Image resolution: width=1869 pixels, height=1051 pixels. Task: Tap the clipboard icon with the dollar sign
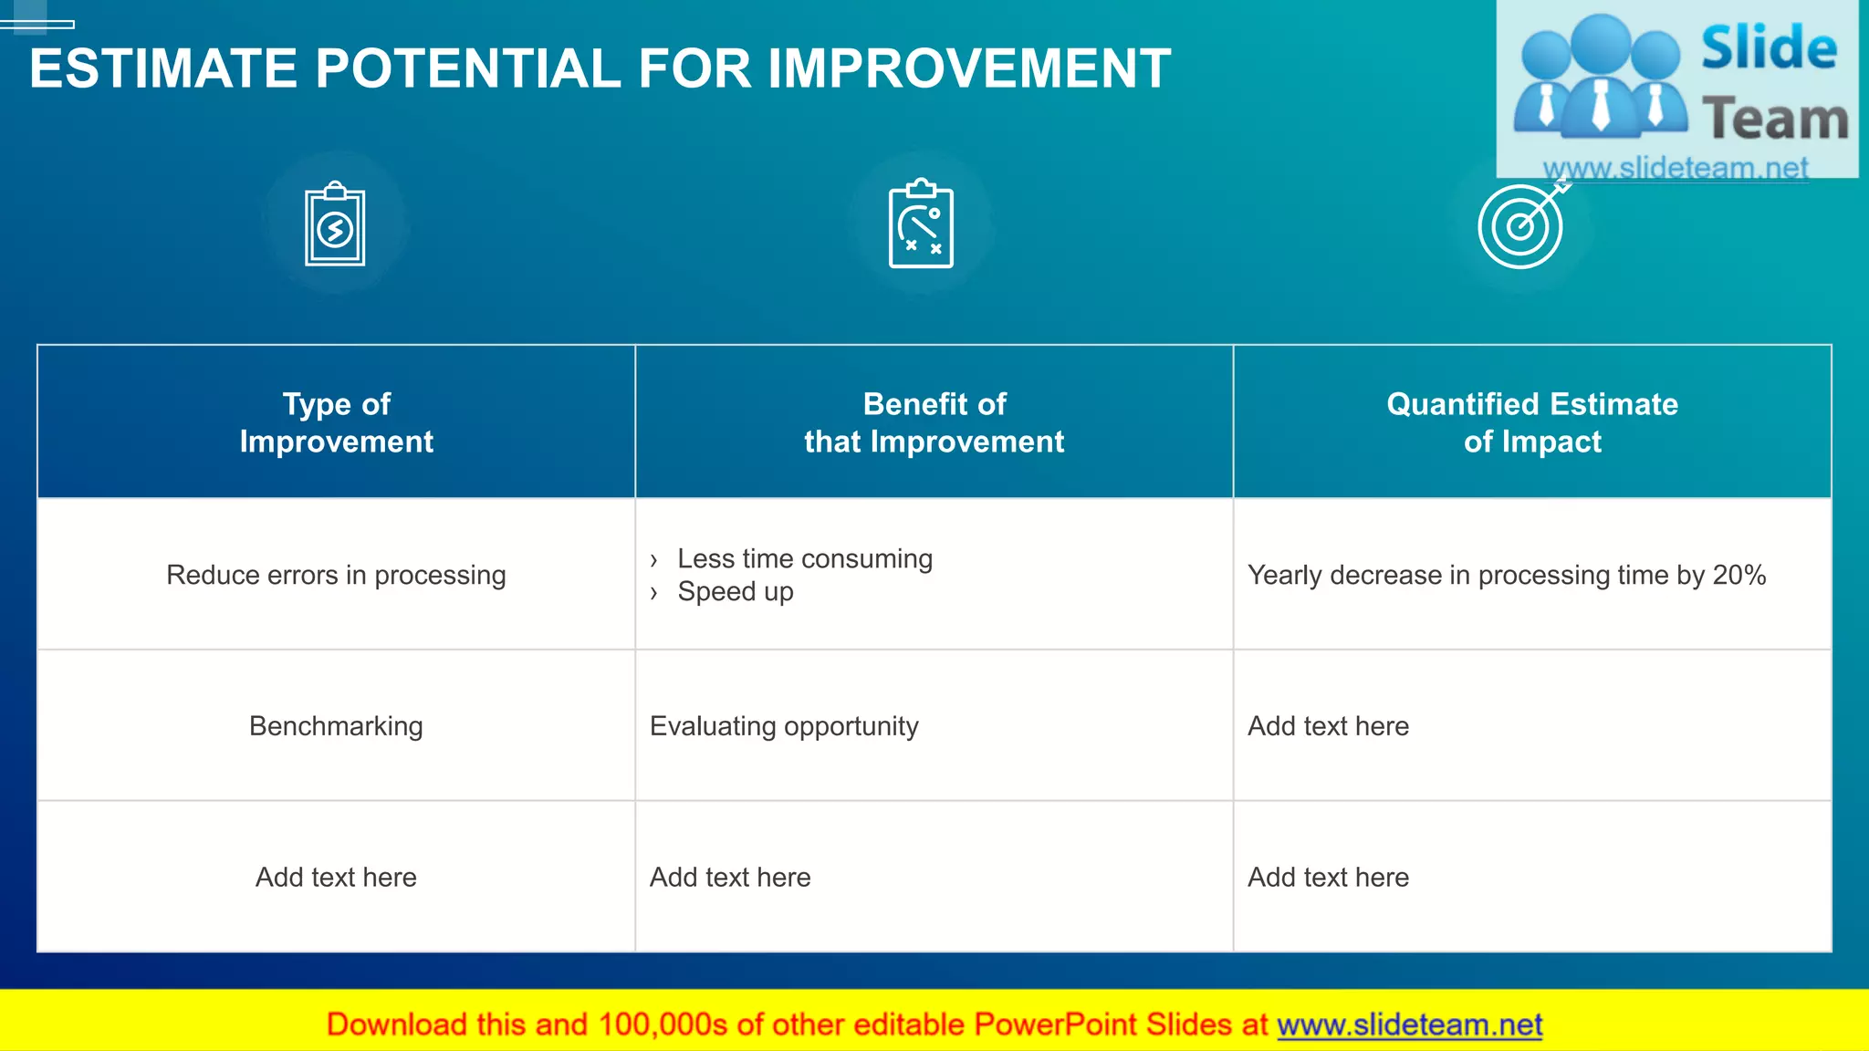(x=335, y=225)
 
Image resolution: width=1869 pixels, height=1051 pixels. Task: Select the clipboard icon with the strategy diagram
(x=921, y=224)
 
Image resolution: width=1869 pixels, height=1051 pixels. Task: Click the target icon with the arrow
(x=1522, y=225)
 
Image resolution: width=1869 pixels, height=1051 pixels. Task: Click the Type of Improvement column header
(x=336, y=422)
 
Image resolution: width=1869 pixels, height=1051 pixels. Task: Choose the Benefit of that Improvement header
(x=934, y=422)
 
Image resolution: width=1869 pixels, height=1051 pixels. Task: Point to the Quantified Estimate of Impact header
(x=1532, y=422)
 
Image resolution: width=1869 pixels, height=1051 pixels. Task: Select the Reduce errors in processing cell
(x=336, y=575)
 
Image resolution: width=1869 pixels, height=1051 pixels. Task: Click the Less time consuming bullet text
(x=804, y=558)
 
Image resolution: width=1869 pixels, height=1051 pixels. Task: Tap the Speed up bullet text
(x=735, y=591)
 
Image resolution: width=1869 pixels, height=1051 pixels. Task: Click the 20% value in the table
(x=1738, y=575)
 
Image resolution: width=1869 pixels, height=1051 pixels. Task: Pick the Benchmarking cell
(x=336, y=726)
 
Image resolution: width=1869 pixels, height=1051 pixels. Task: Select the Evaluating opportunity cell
(x=784, y=726)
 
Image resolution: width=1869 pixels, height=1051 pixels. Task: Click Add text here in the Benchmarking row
(x=1328, y=726)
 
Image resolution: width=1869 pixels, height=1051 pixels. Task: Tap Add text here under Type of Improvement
(x=336, y=877)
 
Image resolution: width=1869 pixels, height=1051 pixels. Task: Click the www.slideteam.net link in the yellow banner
(x=1409, y=1025)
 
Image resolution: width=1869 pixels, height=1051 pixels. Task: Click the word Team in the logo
(x=1775, y=120)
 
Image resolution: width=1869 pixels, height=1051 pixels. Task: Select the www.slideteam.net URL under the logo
(x=1676, y=168)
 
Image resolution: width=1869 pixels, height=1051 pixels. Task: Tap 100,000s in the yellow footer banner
(x=663, y=1025)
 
